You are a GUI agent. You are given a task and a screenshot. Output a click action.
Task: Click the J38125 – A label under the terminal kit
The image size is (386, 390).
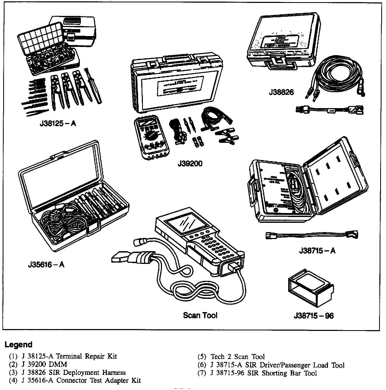click(x=58, y=124)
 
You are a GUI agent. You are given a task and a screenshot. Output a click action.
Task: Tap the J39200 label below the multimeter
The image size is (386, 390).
click(x=190, y=164)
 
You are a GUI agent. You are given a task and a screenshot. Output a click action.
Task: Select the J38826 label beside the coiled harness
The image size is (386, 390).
click(x=281, y=92)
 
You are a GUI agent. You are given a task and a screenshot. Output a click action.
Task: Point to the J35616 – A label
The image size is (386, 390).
click(x=46, y=264)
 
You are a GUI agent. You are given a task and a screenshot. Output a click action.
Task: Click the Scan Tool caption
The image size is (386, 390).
click(x=200, y=315)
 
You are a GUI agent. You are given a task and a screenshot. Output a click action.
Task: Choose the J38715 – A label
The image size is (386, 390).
click(x=317, y=251)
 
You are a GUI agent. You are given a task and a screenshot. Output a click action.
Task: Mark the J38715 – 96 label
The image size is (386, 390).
click(x=314, y=316)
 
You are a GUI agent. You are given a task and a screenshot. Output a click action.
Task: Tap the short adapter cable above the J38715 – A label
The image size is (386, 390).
click(x=312, y=235)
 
